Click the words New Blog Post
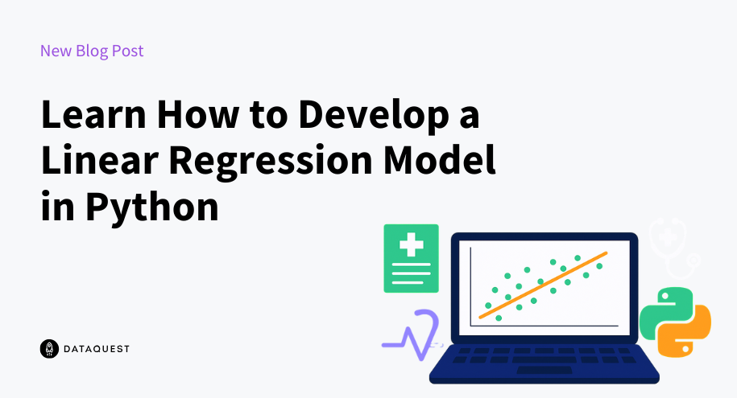click(x=92, y=51)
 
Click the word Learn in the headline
click(x=93, y=114)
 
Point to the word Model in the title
click(x=440, y=160)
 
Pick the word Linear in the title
click(x=100, y=160)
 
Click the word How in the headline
click(x=198, y=114)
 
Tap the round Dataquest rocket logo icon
click(x=49, y=349)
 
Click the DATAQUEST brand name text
click(x=97, y=349)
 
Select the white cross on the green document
click(x=412, y=244)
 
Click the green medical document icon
click(x=412, y=259)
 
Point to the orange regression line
click(x=543, y=285)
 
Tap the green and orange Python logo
click(x=675, y=322)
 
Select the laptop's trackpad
click(x=544, y=370)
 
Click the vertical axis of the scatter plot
click(x=470, y=287)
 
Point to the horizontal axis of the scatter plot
click(x=544, y=326)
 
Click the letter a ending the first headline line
click(x=469, y=117)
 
